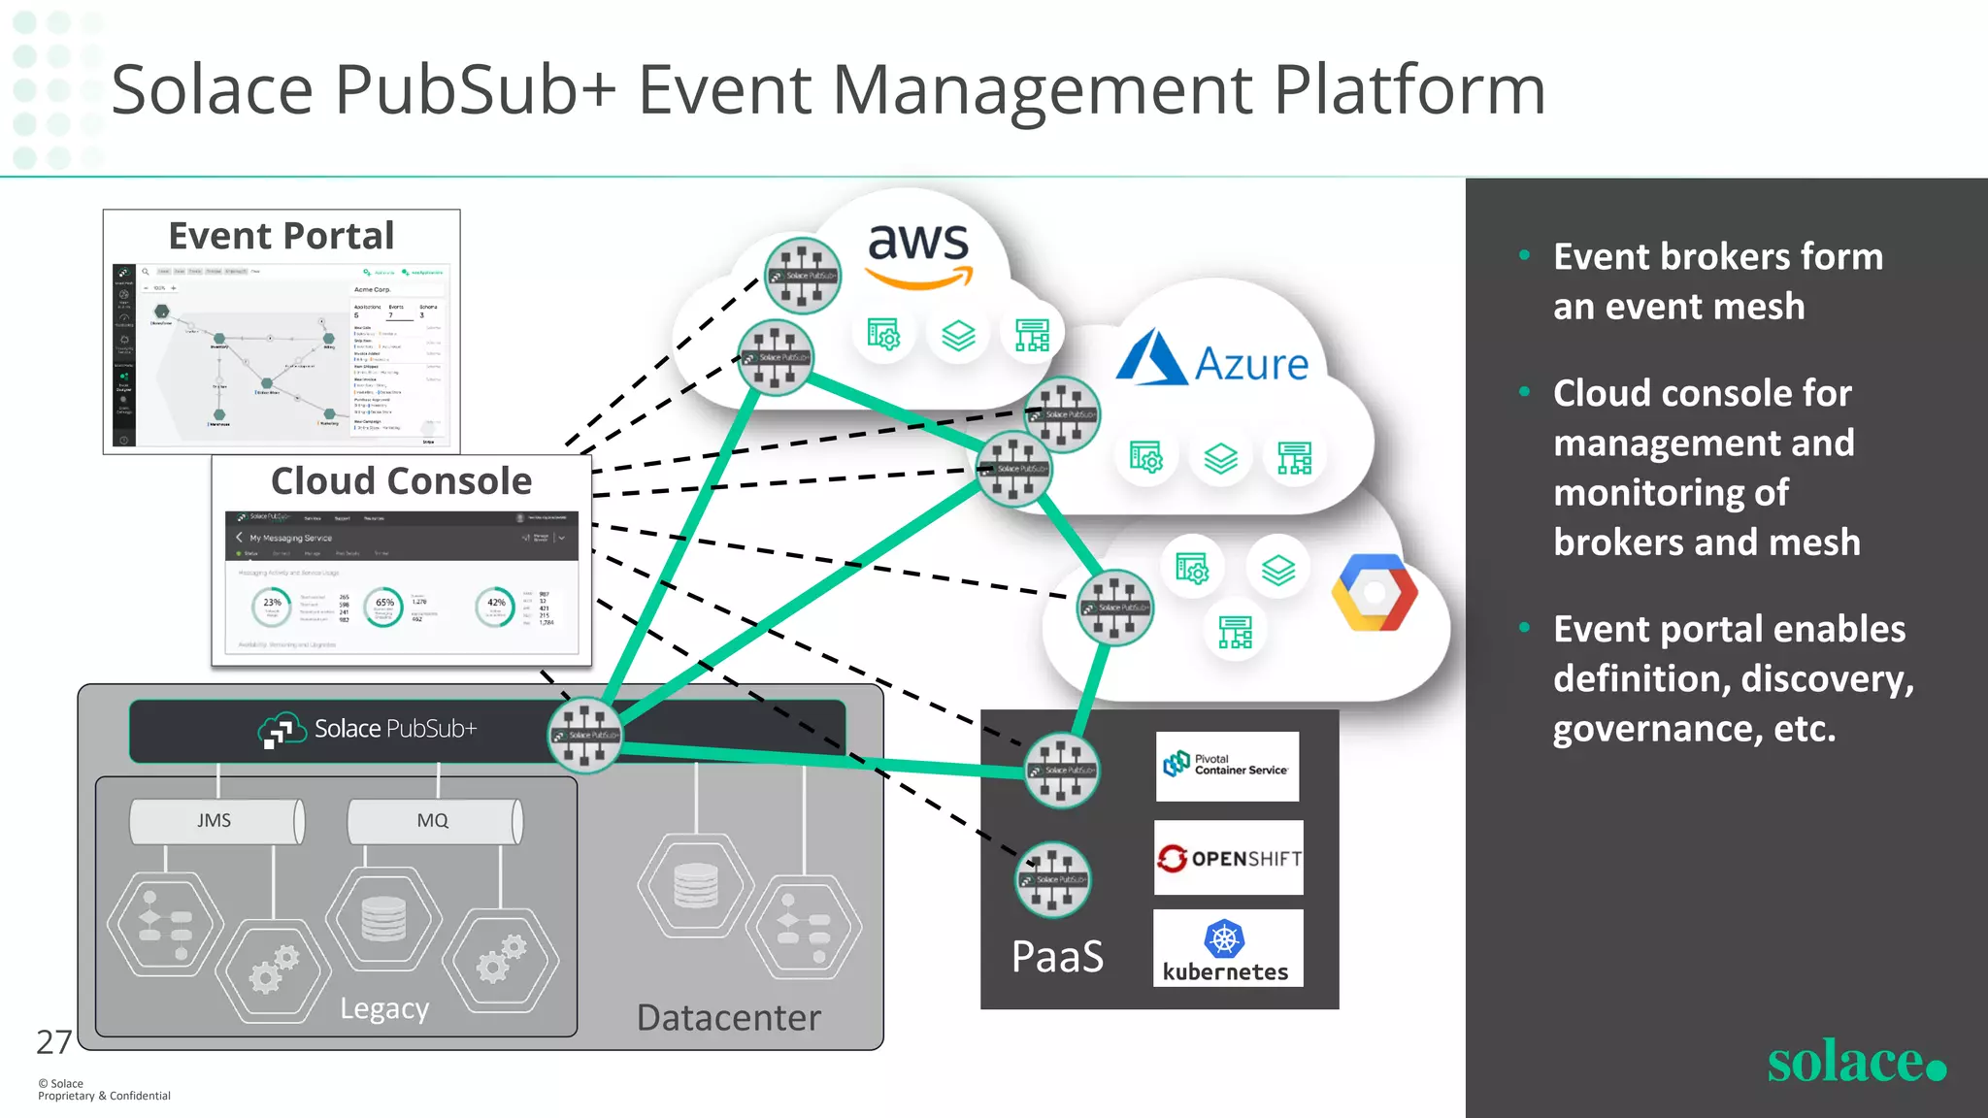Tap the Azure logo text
tap(1250, 365)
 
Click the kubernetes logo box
tap(1227, 948)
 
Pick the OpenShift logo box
tap(1228, 858)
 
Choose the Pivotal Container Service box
tap(1227, 766)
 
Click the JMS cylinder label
tap(215, 821)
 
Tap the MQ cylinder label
tap(432, 821)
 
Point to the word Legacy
tap(384, 1009)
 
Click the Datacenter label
tap(728, 1018)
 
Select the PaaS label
tap(1057, 957)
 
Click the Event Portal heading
tap(282, 236)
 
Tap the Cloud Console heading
tap(401, 481)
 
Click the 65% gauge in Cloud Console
tap(384, 606)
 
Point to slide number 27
tap(53, 1042)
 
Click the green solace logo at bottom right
tap(1855, 1062)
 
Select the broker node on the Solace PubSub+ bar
tap(584, 735)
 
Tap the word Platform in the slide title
tap(1408, 90)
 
